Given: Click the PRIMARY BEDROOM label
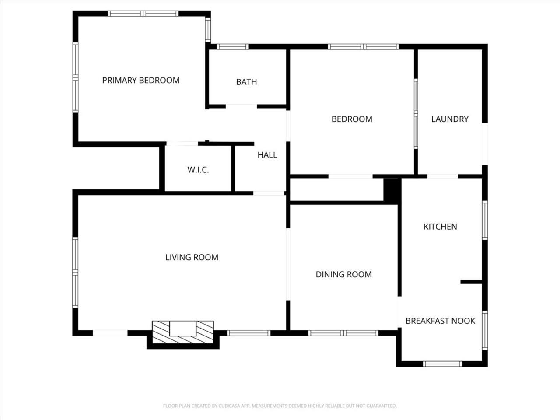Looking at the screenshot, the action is (x=141, y=80).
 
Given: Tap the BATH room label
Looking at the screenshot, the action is (x=246, y=82).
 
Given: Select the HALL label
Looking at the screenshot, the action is (x=267, y=155).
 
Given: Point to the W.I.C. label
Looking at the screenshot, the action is (x=198, y=170).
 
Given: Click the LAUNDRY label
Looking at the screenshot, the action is (x=450, y=119).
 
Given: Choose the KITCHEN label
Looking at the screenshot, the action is (x=441, y=227).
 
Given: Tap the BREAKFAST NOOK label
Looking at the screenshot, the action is (x=441, y=321).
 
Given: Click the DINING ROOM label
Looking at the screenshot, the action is (x=343, y=274).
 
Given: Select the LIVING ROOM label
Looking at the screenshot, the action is (x=192, y=257).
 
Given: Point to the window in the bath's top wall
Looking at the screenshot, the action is (x=232, y=47).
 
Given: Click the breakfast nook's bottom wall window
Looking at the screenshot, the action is (x=442, y=364).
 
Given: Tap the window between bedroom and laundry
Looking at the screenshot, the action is (x=416, y=113).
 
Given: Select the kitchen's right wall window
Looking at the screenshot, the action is (x=485, y=220).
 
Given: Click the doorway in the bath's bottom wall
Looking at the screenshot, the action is (x=241, y=106).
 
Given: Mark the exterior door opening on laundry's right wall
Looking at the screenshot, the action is (x=485, y=144).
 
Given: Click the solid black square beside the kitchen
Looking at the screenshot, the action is (x=392, y=191).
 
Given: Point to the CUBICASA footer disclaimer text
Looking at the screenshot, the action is (x=280, y=406).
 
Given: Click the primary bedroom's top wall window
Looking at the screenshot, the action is (x=143, y=14).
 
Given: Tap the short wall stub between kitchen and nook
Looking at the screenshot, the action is (x=471, y=282).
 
